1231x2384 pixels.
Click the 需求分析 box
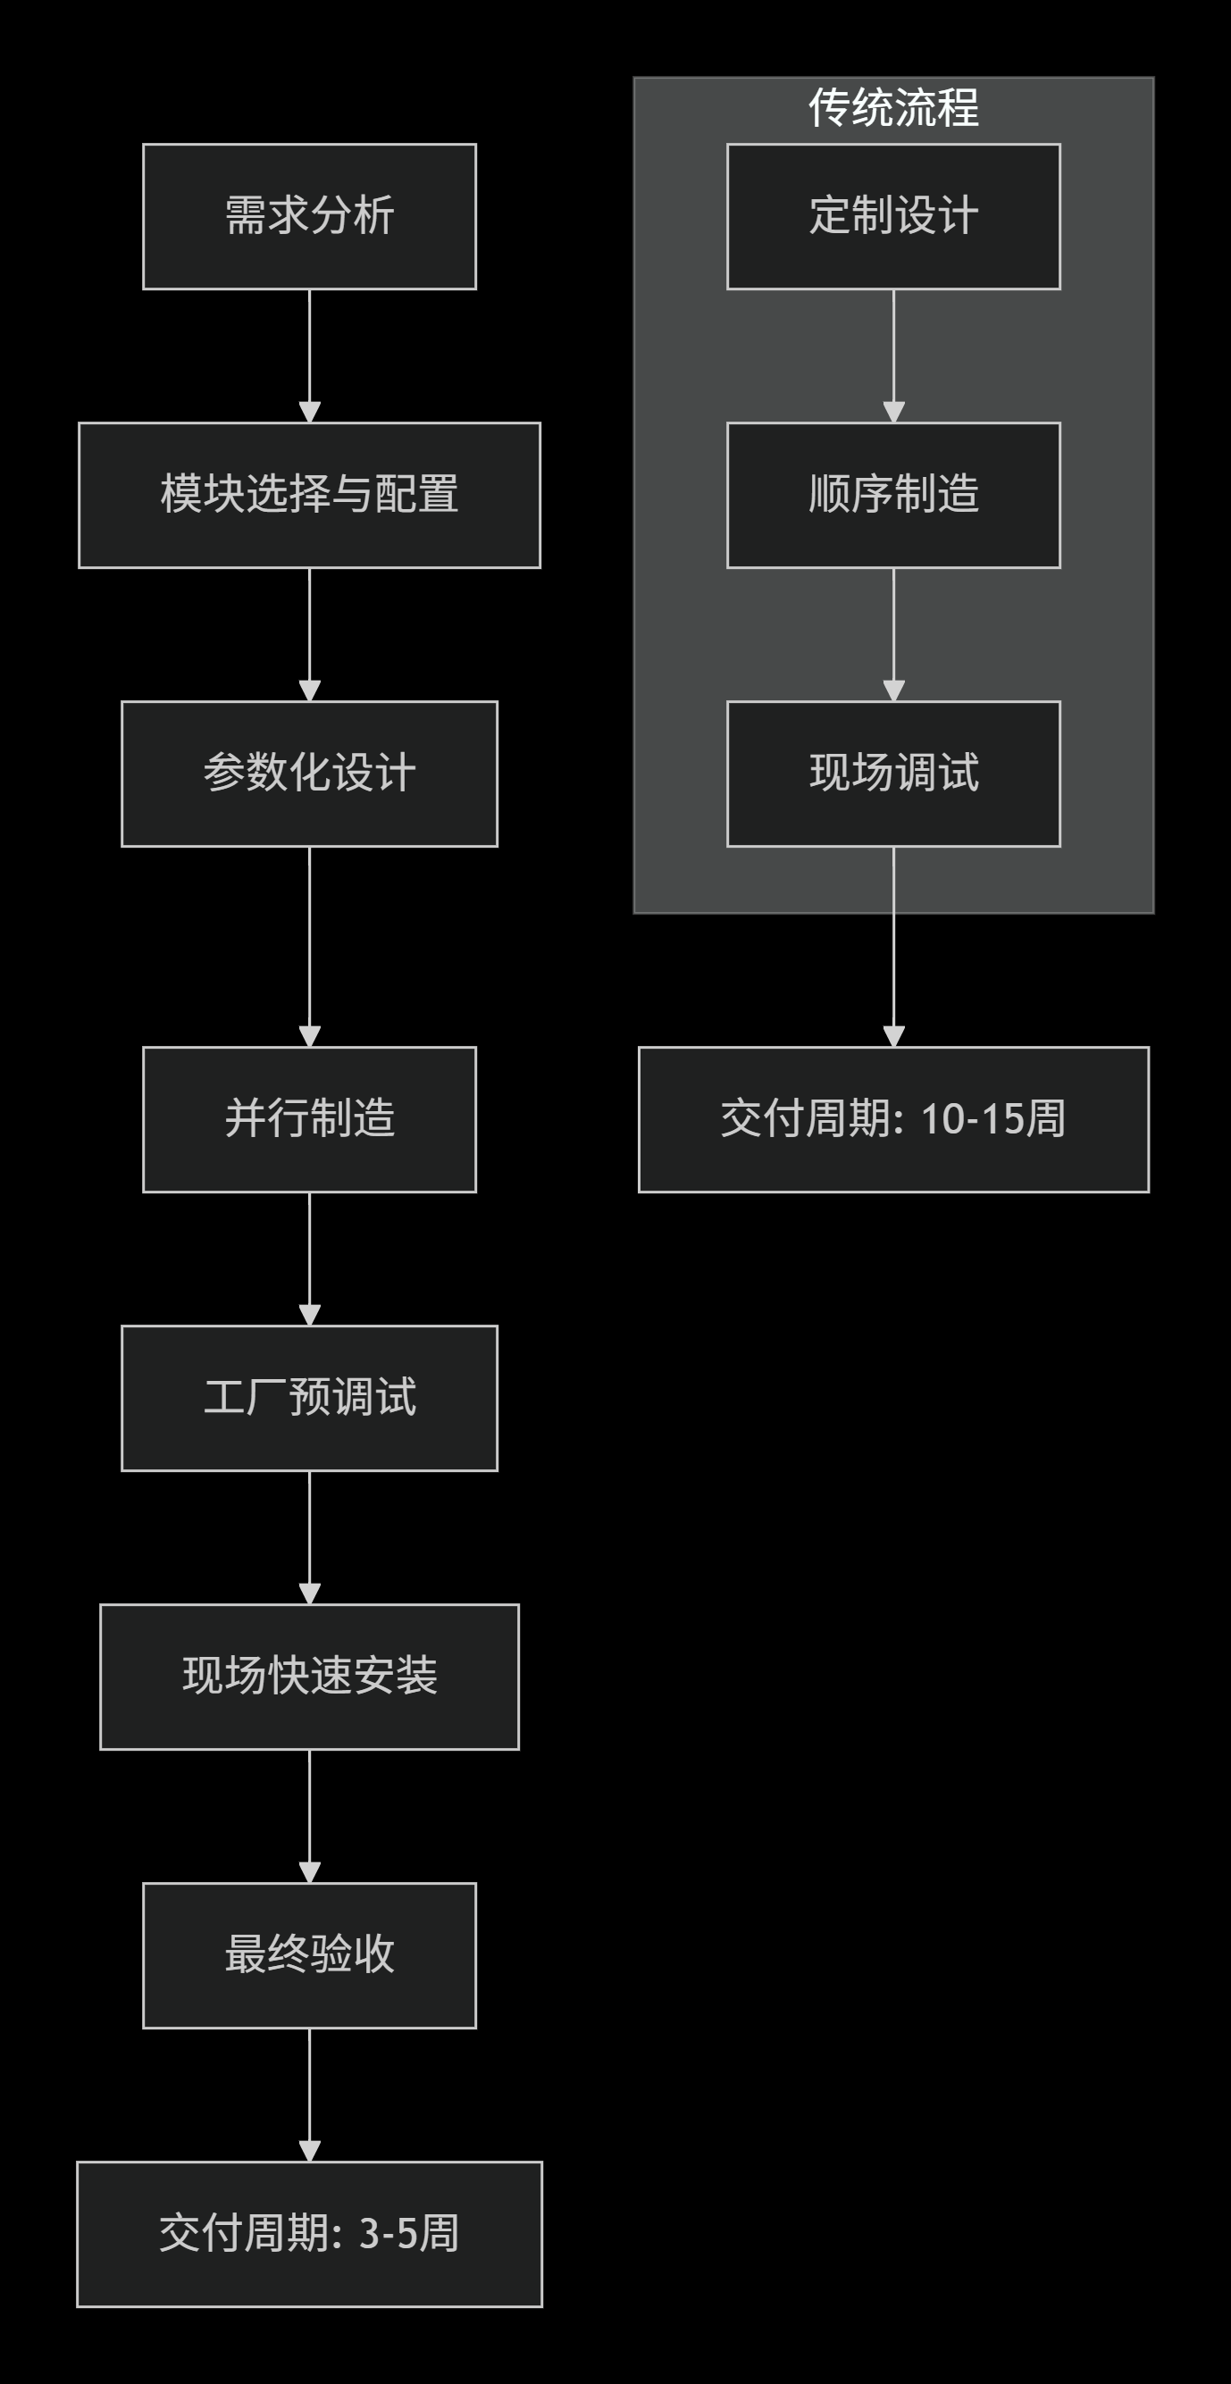tap(309, 216)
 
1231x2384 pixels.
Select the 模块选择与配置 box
tap(309, 495)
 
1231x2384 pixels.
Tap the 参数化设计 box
tap(309, 774)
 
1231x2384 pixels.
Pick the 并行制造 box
tap(309, 1120)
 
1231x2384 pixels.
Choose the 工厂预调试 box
tap(309, 1399)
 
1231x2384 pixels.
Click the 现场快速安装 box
tap(309, 1677)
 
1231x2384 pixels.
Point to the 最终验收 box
tap(309, 1955)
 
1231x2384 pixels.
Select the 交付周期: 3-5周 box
tap(309, 2234)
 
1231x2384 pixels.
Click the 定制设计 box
tap(893, 216)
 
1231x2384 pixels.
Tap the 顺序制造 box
tap(893, 495)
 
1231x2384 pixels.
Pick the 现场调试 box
tap(893, 774)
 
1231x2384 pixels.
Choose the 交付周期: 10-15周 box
tap(893, 1120)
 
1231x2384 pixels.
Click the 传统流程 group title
tap(893, 108)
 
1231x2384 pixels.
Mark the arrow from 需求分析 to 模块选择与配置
tap(309, 356)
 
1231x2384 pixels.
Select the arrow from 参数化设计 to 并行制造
tap(309, 946)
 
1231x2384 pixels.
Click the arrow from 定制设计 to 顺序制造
tap(893, 356)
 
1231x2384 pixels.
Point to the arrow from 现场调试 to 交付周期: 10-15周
tap(893, 946)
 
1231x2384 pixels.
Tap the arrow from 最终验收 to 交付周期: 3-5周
tap(309, 2095)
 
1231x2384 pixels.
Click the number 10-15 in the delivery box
tap(972, 1120)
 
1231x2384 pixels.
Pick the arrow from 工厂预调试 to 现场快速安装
tap(309, 1537)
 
